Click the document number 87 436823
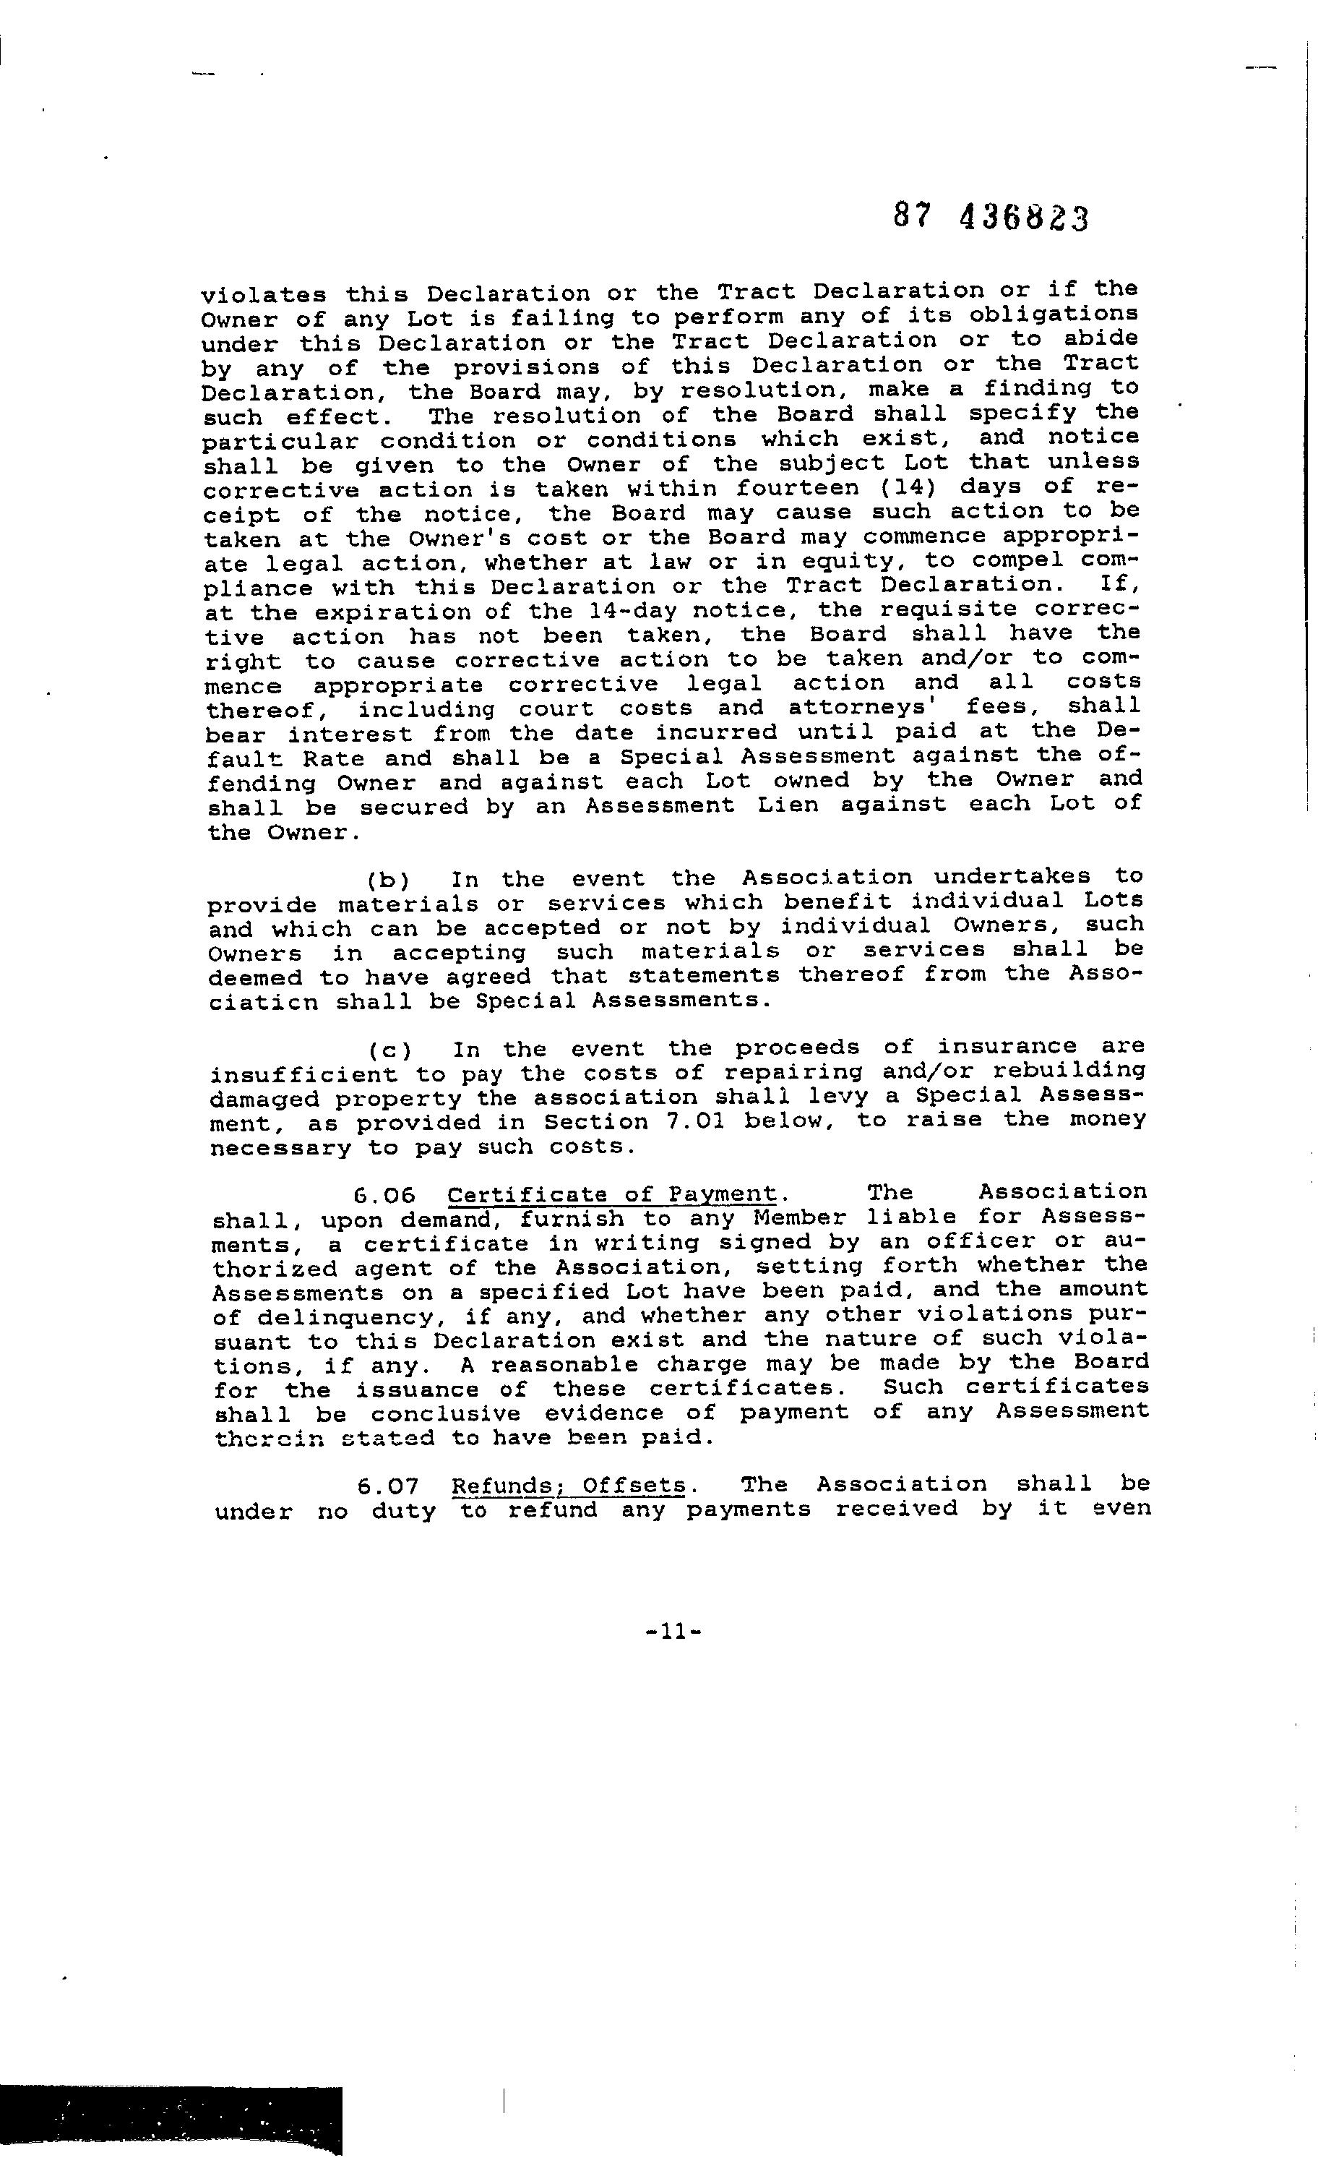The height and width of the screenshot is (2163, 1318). tap(991, 216)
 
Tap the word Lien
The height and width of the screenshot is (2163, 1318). tap(789, 805)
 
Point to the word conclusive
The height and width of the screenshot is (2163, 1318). tap(446, 1414)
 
